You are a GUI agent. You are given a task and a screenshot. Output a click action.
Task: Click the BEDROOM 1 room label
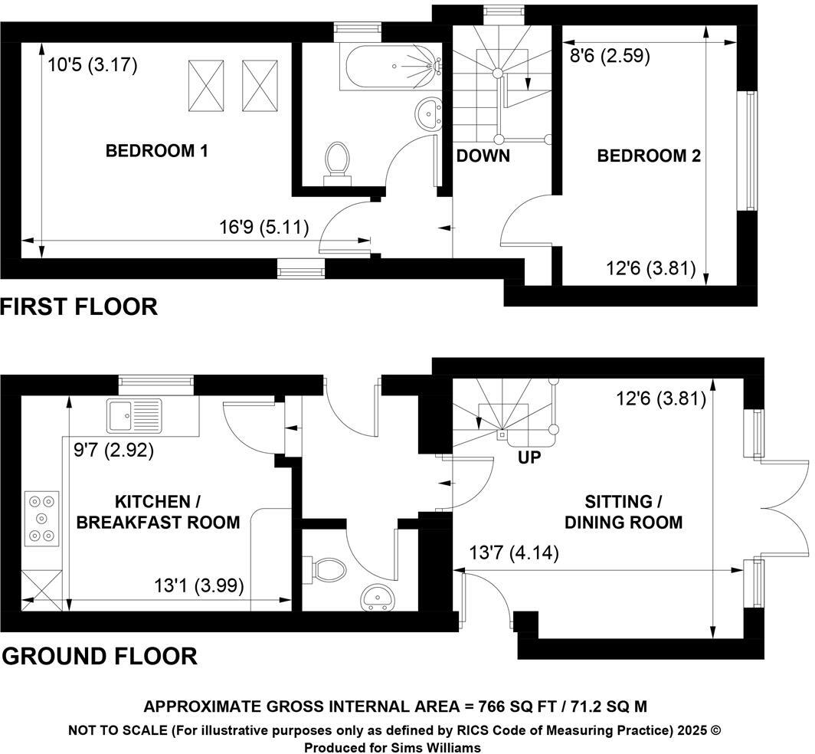pos(156,151)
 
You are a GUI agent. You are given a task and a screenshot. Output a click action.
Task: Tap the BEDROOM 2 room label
pos(649,156)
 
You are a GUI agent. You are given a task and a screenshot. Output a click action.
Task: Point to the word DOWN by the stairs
pos(483,156)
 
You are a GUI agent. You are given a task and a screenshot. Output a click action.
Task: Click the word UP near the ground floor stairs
pos(529,457)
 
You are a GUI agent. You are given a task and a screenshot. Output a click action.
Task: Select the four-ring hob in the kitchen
pos(41,518)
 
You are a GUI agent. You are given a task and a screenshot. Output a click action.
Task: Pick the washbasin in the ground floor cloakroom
pos(378,597)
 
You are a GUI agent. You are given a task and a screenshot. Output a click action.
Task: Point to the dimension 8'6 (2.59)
pos(610,56)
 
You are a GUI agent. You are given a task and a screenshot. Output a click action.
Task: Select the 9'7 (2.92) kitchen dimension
pos(114,451)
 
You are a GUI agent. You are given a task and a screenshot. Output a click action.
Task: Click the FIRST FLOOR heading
pos(79,307)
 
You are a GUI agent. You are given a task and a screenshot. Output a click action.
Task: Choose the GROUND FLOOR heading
pos(100,656)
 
